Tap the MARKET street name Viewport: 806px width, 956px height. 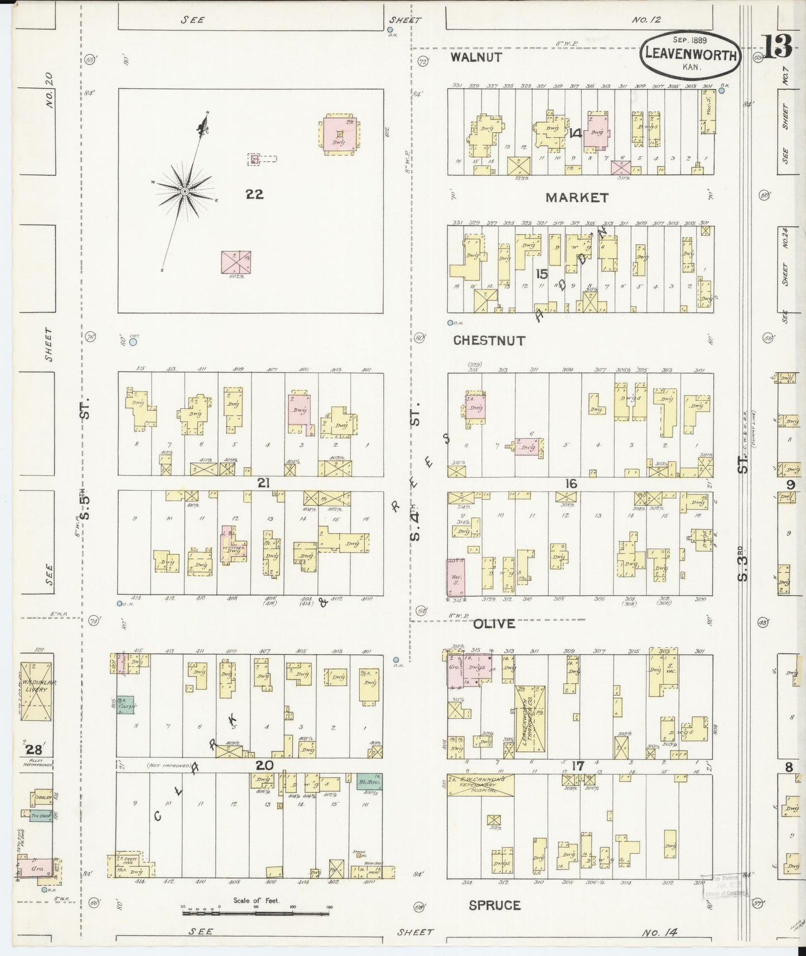pyautogui.click(x=576, y=197)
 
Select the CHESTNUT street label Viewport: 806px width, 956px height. pyautogui.click(x=489, y=340)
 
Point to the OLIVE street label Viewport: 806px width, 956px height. pyautogui.click(x=494, y=624)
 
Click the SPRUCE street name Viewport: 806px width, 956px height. pyautogui.click(x=494, y=905)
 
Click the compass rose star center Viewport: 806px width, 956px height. pyautogui.click(x=184, y=191)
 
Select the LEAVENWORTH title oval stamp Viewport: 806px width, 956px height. pyautogui.click(x=691, y=55)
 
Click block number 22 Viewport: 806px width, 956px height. pyautogui.click(x=254, y=194)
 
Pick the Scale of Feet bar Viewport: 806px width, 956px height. pyautogui.click(x=255, y=912)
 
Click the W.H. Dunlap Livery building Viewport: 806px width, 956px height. pyautogui.click(x=36, y=690)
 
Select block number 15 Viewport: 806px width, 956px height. pyautogui.click(x=541, y=274)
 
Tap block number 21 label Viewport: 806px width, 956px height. pyautogui.click(x=263, y=483)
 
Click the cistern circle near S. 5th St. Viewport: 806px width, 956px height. pyautogui.click(x=133, y=342)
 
